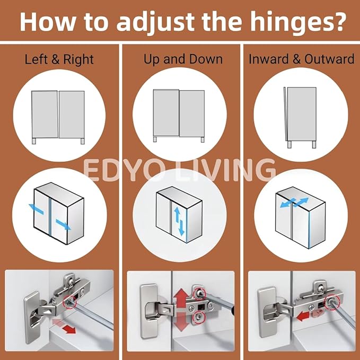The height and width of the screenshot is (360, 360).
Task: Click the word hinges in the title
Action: click(298, 22)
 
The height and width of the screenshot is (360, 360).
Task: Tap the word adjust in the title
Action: click(155, 22)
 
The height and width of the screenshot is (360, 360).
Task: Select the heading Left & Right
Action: click(59, 59)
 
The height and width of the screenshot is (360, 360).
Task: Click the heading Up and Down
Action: click(183, 59)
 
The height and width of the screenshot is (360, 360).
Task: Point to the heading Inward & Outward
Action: click(302, 59)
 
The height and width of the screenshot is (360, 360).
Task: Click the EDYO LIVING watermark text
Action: click(179, 169)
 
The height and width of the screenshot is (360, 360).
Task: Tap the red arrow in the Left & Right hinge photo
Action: click(64, 326)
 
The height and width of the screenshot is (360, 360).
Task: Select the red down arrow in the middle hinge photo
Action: click(181, 322)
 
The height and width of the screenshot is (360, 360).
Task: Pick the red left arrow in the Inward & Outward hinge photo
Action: click(303, 317)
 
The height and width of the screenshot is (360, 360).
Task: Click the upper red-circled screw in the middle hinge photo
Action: click(199, 293)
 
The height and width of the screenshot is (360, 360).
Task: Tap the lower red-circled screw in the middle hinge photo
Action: click(198, 317)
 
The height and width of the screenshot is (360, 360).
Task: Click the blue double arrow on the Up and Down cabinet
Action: click(179, 221)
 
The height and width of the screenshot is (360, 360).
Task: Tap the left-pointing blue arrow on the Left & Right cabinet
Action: click(36, 209)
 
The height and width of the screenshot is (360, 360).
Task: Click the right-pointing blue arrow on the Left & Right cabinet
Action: click(63, 224)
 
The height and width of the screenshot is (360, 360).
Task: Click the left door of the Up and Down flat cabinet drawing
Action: click(166, 112)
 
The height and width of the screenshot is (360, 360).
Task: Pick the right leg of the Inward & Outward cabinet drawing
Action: click(314, 144)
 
